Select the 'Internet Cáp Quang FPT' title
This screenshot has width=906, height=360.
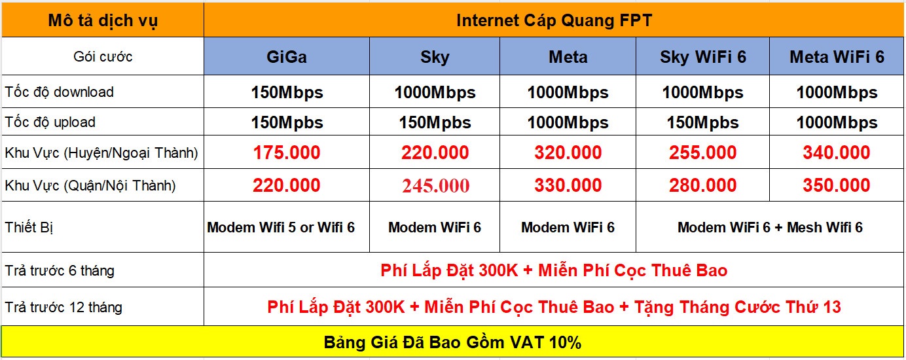554,21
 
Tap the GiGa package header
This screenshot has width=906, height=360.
286,57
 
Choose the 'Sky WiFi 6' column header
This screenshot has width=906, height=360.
703,57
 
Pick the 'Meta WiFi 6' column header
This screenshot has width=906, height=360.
837,57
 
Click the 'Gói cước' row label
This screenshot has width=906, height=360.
103,57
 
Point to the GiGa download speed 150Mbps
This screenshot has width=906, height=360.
287,93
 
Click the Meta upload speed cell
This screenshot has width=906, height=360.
568,122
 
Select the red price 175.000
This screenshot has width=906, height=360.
287,153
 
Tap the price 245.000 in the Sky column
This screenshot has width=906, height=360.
435,186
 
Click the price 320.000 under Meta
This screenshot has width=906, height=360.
568,153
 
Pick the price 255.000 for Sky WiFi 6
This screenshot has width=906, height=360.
703,153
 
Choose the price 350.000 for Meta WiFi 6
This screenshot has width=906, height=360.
837,185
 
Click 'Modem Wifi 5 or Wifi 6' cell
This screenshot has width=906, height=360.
281,227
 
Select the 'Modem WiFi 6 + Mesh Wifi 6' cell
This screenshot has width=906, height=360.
770,227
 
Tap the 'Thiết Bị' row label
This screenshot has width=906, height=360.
29,227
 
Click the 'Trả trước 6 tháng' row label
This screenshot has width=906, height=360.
60,270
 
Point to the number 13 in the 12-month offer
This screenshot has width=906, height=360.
830,307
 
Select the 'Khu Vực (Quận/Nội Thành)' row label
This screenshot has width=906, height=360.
90,186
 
